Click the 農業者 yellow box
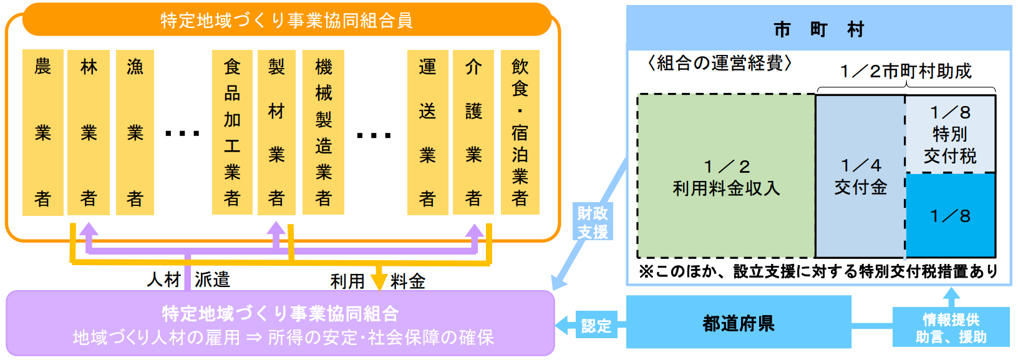click(x=42, y=132)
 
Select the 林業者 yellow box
click(x=89, y=132)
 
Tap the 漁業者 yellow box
click(x=135, y=132)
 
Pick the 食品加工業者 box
click(x=232, y=132)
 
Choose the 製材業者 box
click(x=276, y=132)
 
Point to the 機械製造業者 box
click(x=323, y=132)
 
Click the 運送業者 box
click(x=427, y=132)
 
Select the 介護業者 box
click(x=473, y=132)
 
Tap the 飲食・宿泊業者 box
click(x=520, y=132)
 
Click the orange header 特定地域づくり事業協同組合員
click(x=287, y=21)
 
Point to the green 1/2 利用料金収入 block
click(x=726, y=177)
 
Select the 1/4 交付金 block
click(x=860, y=177)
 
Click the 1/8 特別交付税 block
click(x=950, y=134)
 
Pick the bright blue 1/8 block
click(x=950, y=215)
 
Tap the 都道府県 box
click(x=739, y=323)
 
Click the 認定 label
click(x=596, y=325)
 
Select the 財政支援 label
click(x=593, y=222)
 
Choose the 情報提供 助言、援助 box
click(x=951, y=328)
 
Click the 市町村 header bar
click(x=818, y=29)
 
